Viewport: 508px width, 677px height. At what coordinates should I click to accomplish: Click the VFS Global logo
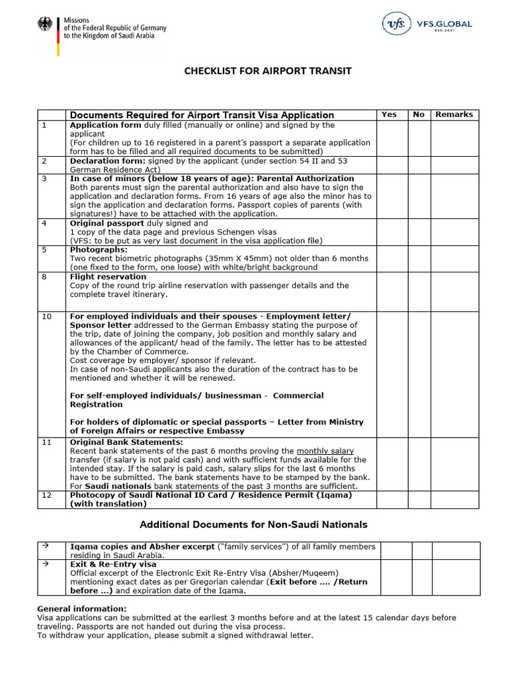pos(427,24)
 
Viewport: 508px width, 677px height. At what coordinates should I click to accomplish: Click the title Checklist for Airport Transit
pos(259,71)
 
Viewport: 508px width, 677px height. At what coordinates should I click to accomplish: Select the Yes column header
pos(390,114)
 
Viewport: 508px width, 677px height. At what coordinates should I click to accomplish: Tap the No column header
pos(419,114)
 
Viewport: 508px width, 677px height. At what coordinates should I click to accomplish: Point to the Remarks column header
pos(454,114)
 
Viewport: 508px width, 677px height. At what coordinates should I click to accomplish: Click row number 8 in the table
pos(45,277)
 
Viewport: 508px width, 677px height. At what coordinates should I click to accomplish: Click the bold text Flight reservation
pos(108,277)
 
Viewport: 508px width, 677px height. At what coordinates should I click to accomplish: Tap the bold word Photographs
pos(99,250)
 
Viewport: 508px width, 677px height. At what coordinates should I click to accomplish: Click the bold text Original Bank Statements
pos(126,442)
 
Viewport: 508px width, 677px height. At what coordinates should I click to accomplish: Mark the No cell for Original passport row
pos(419,232)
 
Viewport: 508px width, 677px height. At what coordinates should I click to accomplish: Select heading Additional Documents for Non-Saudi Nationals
pos(253,524)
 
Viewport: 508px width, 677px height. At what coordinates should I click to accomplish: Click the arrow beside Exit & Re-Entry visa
pos(45,564)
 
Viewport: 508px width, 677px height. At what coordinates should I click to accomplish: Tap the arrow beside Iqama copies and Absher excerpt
pos(45,546)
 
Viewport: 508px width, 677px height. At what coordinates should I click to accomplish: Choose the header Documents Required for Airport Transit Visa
pos(202,115)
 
